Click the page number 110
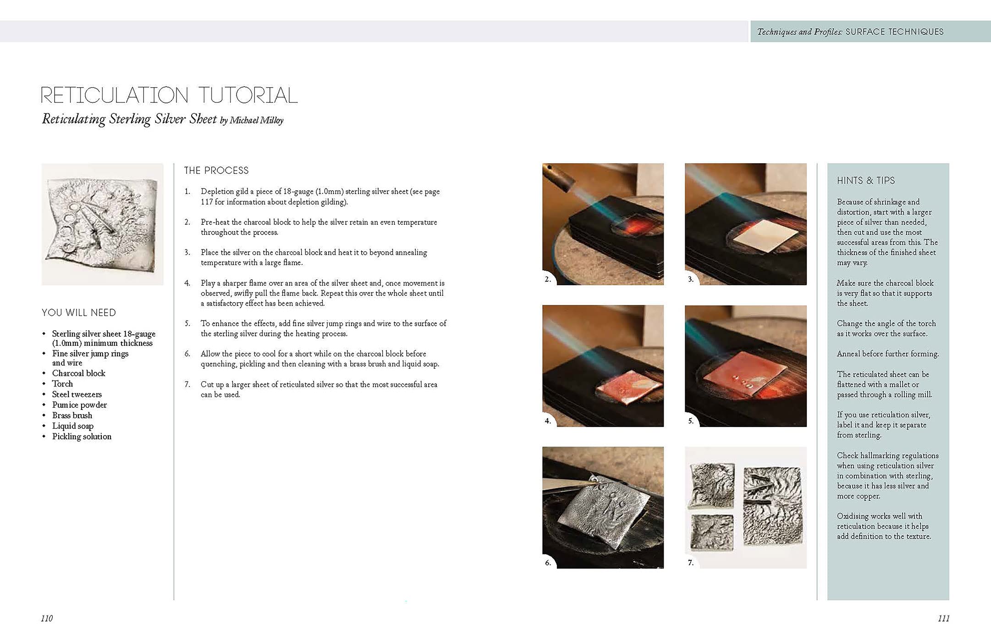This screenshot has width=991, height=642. point(47,618)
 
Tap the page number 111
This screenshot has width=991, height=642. point(943,618)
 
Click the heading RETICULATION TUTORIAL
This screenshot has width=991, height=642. point(169,95)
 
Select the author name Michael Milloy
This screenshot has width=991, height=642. point(256,120)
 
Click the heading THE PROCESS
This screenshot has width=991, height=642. point(216,171)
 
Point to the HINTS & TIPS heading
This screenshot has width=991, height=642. point(866,181)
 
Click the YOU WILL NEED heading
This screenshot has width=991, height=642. point(79,313)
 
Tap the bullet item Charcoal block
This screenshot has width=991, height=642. point(78,373)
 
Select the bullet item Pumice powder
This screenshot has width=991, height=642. point(79,405)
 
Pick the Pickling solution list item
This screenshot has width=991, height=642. point(82,437)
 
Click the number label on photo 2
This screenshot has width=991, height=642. point(548,279)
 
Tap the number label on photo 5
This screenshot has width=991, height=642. point(691,421)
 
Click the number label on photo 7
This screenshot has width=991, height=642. point(691,562)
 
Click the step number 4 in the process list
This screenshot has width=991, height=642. point(187,283)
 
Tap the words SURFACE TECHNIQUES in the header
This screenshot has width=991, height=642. point(894,32)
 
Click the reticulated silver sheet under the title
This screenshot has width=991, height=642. point(102,225)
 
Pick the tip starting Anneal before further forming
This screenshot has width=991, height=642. point(887,354)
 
